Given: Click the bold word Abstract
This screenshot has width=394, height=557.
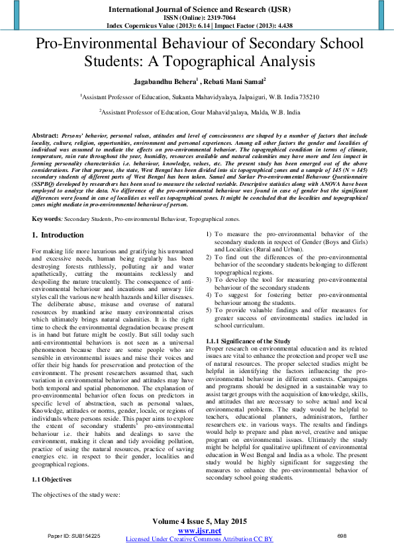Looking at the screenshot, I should click(45, 134).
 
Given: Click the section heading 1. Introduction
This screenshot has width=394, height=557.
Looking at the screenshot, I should click(58, 217).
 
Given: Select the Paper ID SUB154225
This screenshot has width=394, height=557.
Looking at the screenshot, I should click(74, 535).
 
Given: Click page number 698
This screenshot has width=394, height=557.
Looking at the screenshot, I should click(342, 535).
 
